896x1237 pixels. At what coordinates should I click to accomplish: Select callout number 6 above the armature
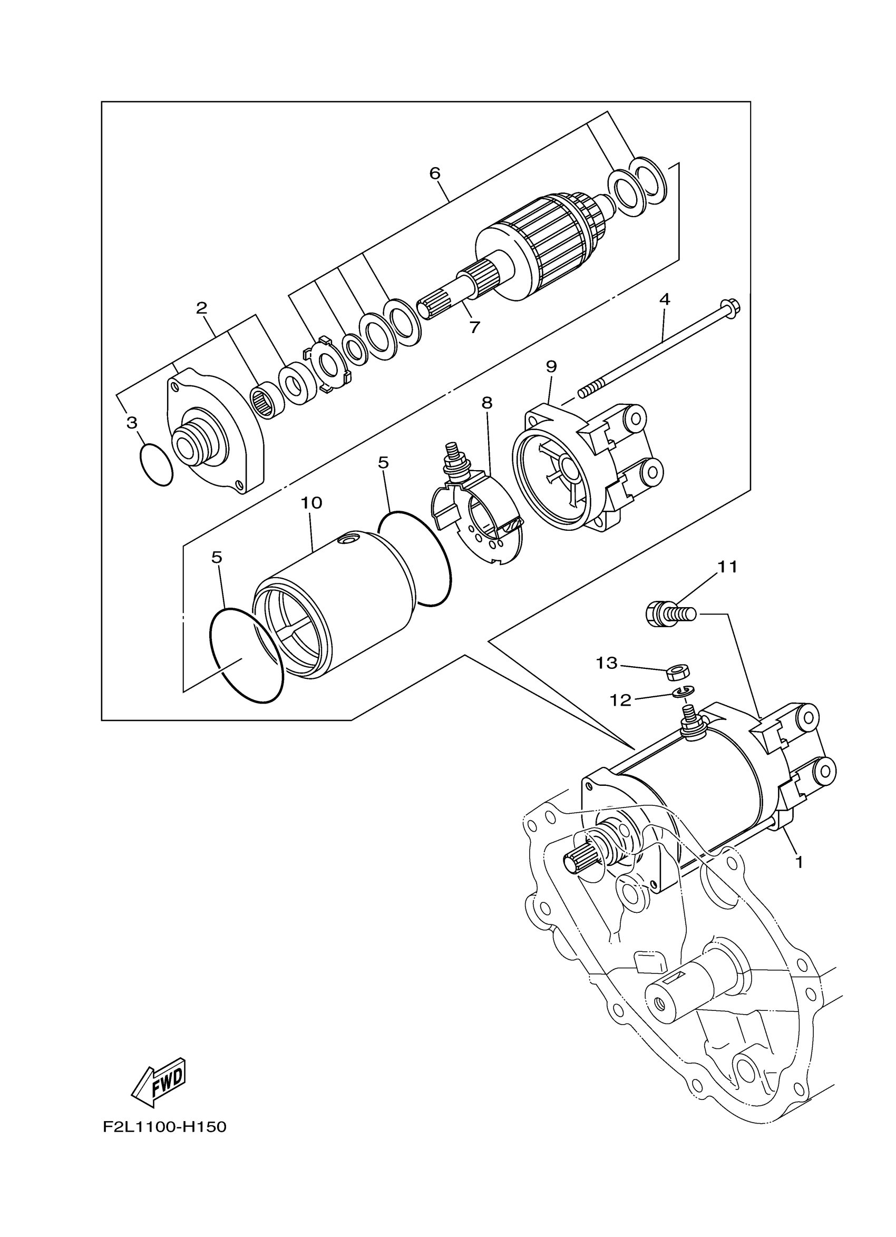click(x=435, y=173)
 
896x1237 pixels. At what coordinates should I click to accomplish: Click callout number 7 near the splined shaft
click(x=474, y=327)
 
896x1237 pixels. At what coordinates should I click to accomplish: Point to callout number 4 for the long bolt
click(x=664, y=299)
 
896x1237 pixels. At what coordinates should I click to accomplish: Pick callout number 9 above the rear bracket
click(x=551, y=366)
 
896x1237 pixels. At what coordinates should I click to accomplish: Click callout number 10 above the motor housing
click(x=311, y=502)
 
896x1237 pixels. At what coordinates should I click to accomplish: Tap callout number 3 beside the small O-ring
click(x=132, y=422)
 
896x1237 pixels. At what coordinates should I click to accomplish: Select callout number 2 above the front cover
click(x=202, y=308)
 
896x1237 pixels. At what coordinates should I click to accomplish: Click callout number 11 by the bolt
click(x=727, y=567)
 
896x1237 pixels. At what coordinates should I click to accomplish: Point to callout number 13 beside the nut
click(x=607, y=663)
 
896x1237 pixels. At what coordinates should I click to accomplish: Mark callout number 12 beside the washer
click(x=620, y=700)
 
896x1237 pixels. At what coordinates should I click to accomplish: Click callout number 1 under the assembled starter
click(x=800, y=862)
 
